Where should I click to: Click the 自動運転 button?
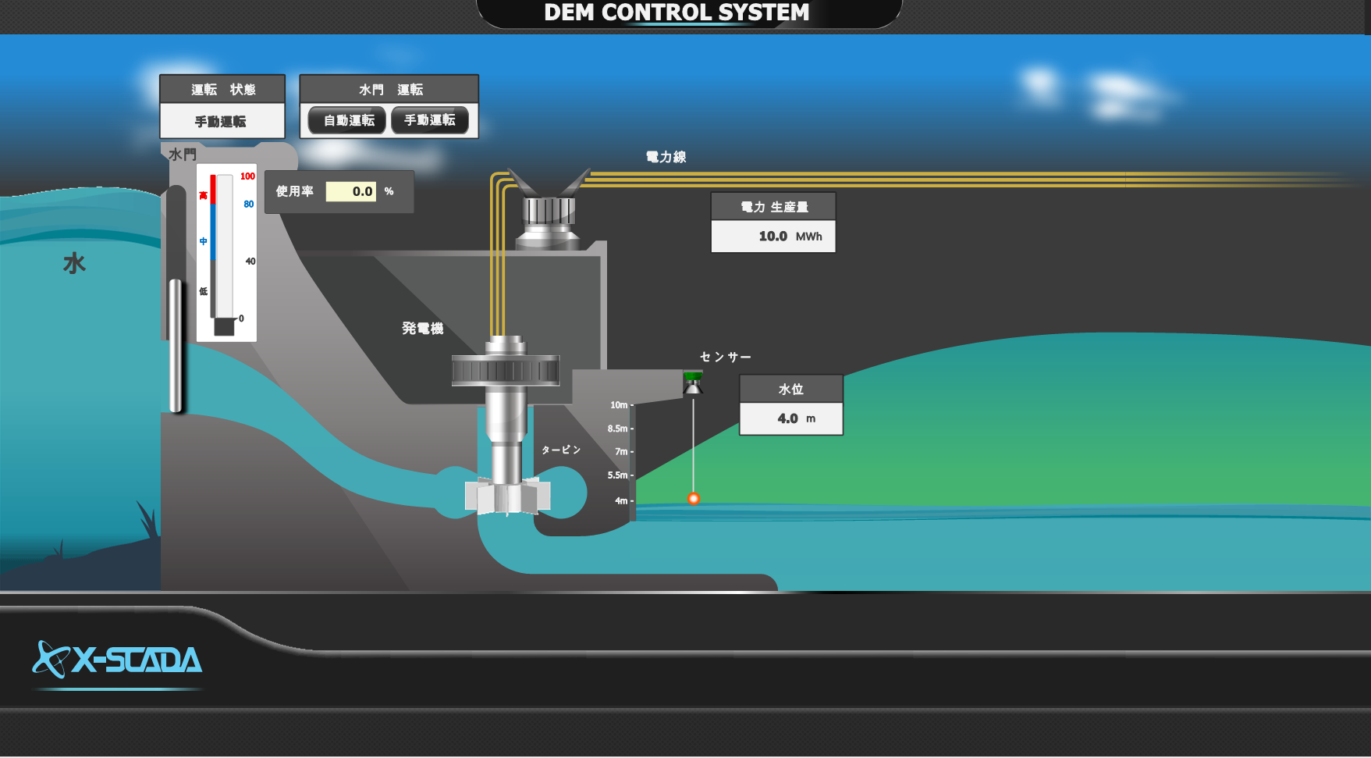coord(348,120)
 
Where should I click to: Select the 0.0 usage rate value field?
coord(351,191)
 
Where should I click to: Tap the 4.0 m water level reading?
coord(790,418)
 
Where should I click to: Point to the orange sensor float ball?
coord(693,498)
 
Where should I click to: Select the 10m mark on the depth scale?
coord(620,405)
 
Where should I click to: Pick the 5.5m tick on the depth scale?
coord(619,475)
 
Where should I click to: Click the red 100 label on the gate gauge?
coord(247,176)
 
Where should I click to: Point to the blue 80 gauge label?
coord(248,205)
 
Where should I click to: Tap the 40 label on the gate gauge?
coord(250,262)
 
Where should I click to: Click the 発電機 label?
coord(422,329)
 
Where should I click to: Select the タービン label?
coord(561,450)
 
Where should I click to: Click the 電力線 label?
coord(666,157)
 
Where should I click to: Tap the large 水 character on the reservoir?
coord(74,263)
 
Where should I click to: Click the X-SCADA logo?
coord(118,660)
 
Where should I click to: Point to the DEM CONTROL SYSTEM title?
coord(677,12)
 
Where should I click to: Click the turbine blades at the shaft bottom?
coord(507,496)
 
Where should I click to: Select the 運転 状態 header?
coord(223,90)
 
